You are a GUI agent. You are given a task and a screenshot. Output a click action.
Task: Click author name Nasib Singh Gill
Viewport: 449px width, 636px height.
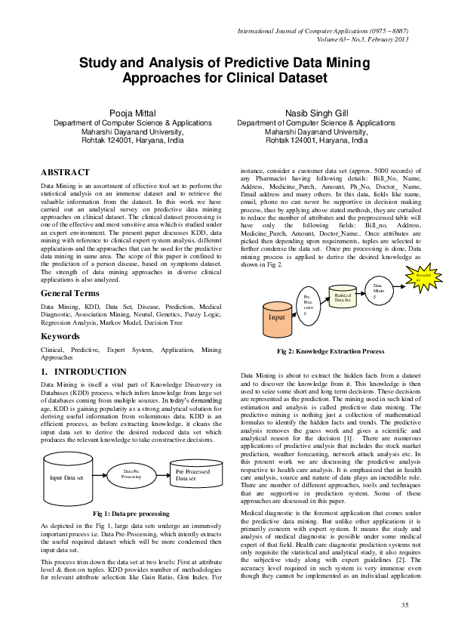coord(315,113)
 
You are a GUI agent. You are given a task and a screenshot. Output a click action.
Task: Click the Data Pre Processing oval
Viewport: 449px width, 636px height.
coord(131,474)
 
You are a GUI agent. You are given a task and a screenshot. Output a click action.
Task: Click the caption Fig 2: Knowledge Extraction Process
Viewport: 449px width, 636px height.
coord(331,351)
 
